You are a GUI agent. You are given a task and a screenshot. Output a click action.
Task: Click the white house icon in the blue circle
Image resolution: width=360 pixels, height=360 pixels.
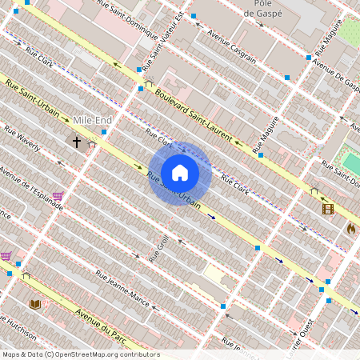[x=180, y=172]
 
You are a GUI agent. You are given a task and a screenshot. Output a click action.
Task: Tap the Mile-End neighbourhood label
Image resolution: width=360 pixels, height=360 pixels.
[x=92, y=120]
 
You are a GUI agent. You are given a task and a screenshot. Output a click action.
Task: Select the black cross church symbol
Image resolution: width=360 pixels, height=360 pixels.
[x=78, y=142]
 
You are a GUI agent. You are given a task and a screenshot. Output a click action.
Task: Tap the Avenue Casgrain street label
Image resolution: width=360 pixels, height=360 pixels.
[x=232, y=46]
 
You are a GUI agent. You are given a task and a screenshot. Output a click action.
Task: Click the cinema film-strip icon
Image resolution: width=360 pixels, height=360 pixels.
[x=327, y=209]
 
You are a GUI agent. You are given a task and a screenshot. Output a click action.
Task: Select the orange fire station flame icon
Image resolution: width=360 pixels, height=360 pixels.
[x=350, y=228]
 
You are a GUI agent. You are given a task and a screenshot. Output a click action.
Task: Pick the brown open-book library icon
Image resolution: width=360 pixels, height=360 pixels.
[x=35, y=304]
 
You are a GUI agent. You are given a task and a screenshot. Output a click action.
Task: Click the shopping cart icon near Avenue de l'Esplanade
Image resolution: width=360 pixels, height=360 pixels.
[x=58, y=194]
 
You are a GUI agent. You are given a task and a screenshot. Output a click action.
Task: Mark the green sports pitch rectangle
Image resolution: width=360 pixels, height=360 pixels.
[x=351, y=163]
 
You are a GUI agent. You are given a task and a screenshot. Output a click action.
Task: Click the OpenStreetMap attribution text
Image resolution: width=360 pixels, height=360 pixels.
[x=80, y=354]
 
